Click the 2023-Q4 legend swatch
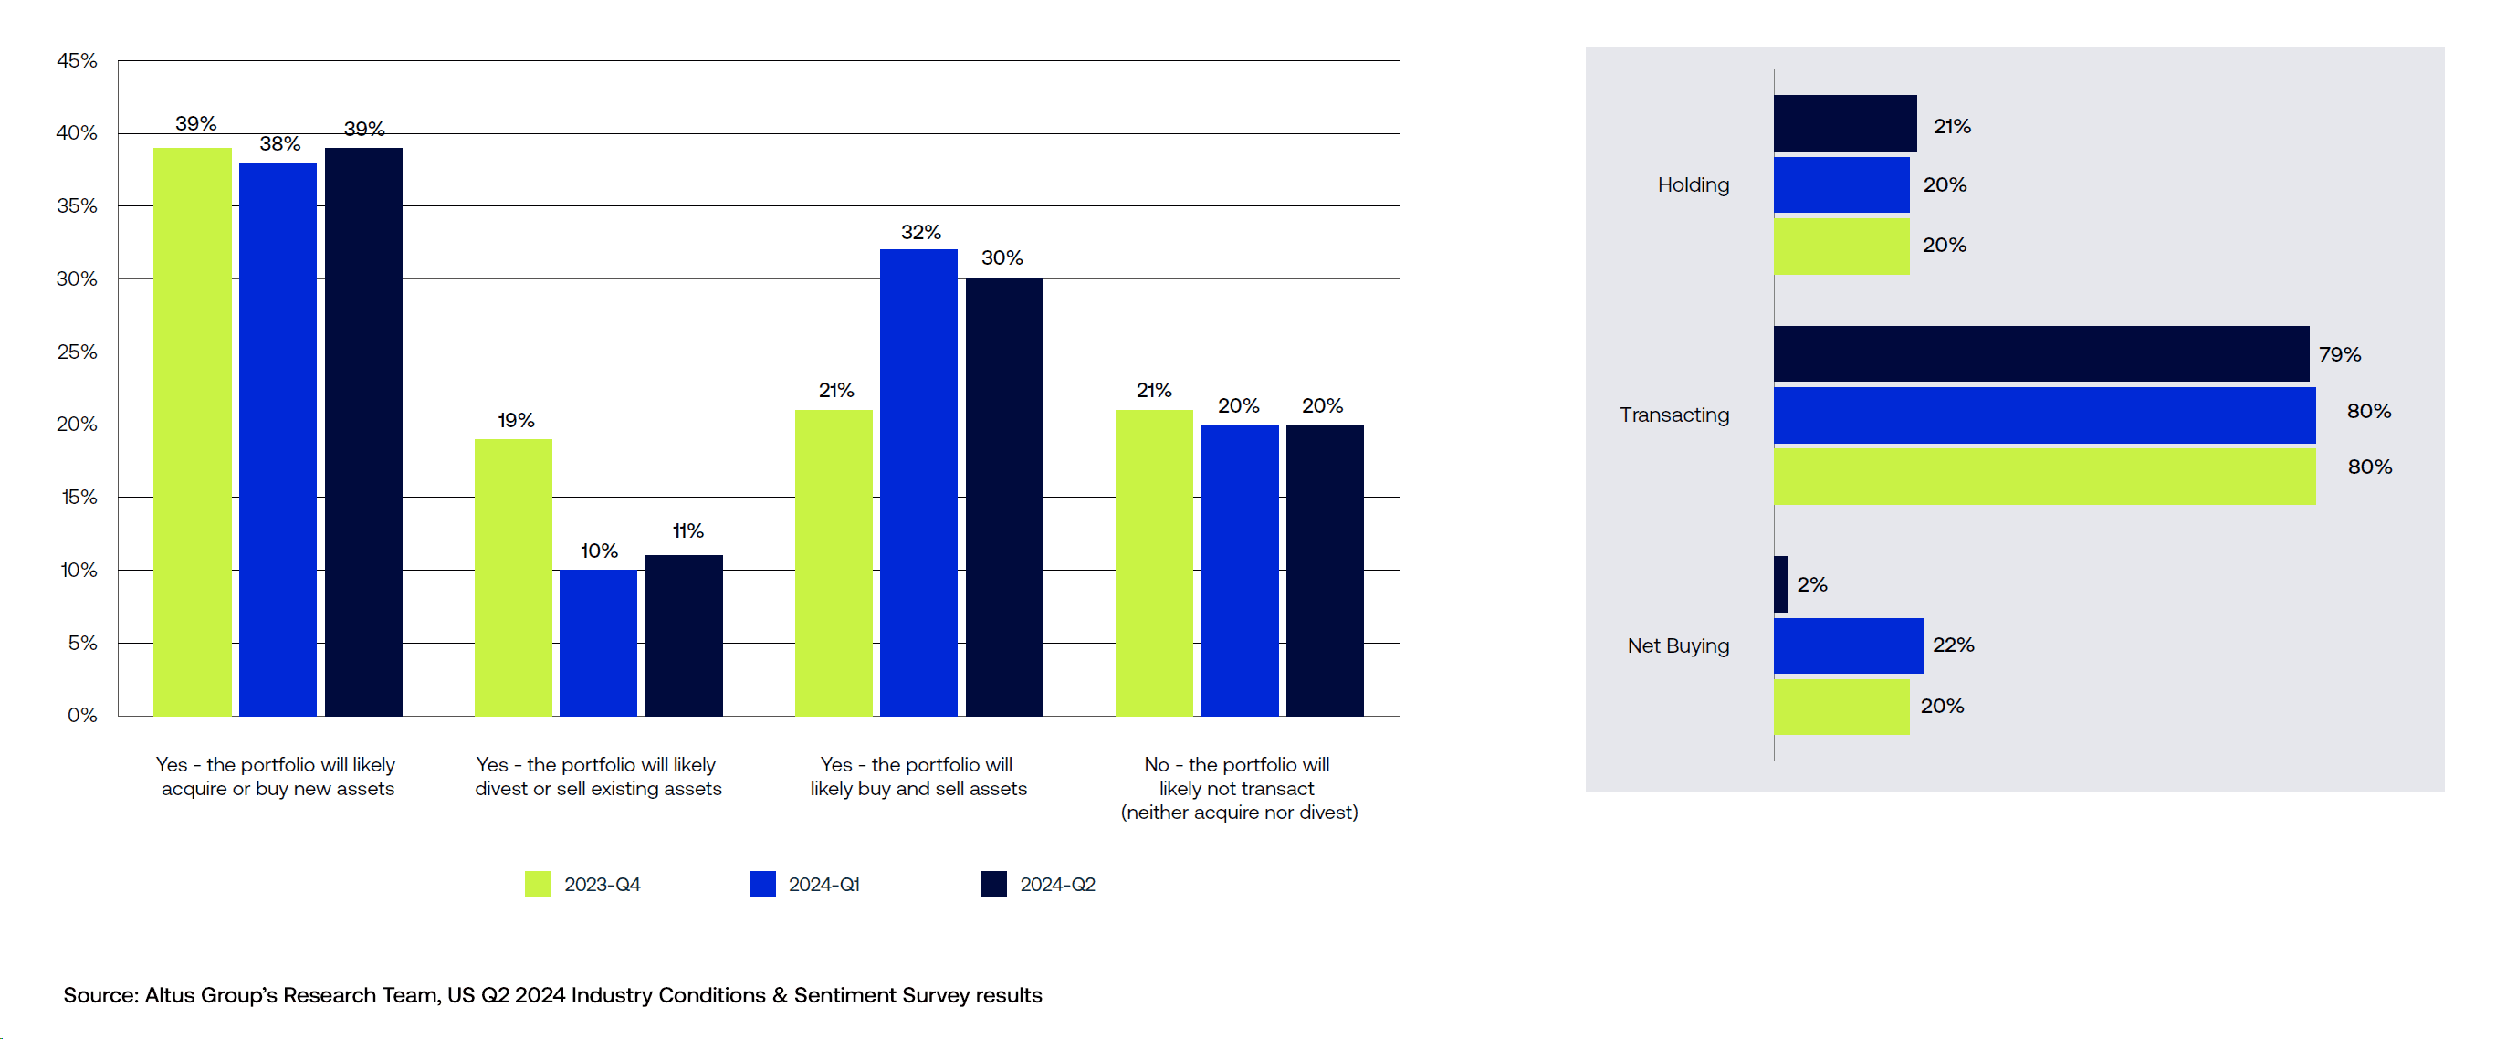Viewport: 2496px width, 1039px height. [538, 884]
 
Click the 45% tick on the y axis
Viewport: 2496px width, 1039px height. [77, 61]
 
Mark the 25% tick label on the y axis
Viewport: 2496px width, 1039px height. [77, 352]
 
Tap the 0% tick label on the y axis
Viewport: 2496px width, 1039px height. [82, 715]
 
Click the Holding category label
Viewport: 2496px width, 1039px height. [1693, 184]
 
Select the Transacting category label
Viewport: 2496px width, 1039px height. [1674, 415]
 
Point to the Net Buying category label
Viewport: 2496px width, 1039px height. [1678, 645]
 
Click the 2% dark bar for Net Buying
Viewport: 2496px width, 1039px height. [1781, 584]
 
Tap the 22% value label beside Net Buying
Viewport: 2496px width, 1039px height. [1953, 645]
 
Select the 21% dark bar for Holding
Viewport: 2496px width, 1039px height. [1845, 123]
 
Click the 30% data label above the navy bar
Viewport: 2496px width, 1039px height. [1002, 257]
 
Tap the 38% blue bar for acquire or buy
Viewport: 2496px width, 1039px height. [278, 439]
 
